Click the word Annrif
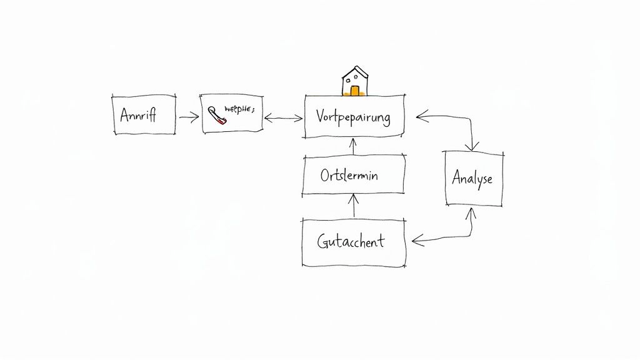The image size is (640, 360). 137,115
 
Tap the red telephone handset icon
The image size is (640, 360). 216,116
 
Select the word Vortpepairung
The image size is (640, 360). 353,116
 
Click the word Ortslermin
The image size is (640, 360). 349,176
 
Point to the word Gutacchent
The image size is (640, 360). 351,242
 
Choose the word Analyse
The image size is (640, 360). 472,178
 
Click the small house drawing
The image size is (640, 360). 354,82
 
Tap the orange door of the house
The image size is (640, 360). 354,91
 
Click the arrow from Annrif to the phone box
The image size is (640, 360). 189,116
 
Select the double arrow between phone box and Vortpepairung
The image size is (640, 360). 283,117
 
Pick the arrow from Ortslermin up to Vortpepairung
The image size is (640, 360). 353,147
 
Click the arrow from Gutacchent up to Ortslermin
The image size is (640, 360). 354,206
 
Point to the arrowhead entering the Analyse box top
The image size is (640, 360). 473,146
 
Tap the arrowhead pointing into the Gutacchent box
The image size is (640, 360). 417,239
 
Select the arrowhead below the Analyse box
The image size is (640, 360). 471,212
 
